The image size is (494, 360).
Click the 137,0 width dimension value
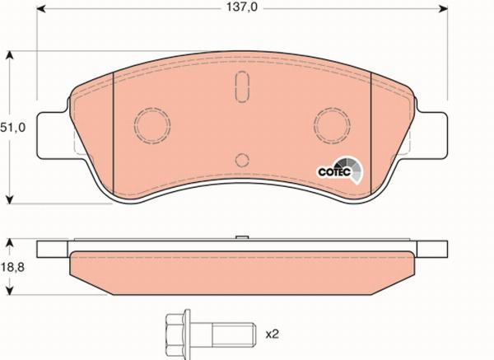240,9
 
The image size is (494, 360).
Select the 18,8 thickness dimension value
12,265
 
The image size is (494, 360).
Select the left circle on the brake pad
151,126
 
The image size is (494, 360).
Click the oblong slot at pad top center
241,86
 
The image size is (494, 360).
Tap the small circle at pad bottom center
241,160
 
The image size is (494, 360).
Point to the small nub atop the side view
241,240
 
